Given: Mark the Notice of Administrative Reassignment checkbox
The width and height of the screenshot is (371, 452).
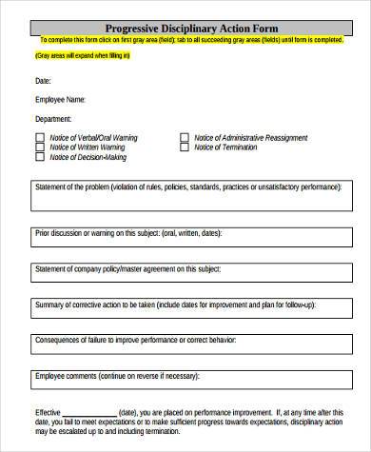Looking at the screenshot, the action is coord(184,137).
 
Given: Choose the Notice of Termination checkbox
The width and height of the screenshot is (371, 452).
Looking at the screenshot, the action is coord(184,147).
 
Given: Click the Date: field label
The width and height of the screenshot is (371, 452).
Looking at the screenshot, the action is coord(44,78).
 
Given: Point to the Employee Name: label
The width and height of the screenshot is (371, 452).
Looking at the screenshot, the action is coord(60,99).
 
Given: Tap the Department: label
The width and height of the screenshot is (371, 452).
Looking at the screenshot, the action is coord(52,119).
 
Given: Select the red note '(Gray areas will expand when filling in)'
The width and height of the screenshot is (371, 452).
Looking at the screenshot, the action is coord(84,56).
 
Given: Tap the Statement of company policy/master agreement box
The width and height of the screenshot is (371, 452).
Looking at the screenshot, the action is coord(185,277).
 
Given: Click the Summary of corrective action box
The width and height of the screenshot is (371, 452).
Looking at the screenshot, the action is coord(185,311).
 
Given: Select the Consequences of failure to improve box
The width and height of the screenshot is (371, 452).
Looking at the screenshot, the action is coord(185,344).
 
